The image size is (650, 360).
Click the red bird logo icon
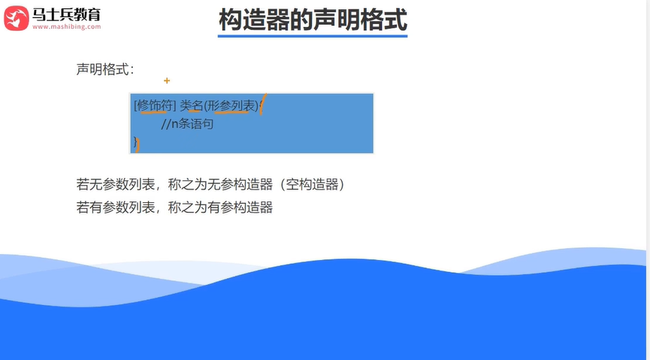(16, 17)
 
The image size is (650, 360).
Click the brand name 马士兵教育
(66, 14)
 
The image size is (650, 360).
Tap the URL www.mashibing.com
(66, 27)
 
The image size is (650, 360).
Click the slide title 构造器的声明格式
(313, 20)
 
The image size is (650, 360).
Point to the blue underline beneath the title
(313, 35)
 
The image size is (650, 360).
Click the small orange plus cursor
(167, 80)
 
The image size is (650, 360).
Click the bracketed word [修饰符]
(154, 105)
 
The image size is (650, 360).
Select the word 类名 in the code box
(192, 105)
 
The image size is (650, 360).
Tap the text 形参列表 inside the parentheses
(233, 105)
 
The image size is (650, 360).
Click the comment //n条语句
(187, 124)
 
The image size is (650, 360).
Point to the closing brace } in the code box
(135, 141)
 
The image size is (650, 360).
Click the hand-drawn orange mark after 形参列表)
(263, 105)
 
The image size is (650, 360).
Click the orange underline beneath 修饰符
(154, 113)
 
